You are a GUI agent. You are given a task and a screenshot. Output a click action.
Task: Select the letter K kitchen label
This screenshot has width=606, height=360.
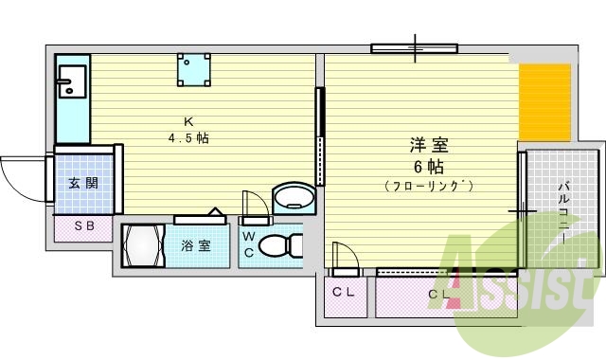tap(188, 121)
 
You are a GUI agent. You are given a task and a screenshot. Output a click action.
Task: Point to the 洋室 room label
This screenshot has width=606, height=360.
tap(429, 146)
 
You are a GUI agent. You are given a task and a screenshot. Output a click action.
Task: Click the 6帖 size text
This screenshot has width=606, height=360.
tap(429, 166)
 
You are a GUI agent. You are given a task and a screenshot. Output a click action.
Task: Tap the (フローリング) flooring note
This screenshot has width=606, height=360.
tap(429, 187)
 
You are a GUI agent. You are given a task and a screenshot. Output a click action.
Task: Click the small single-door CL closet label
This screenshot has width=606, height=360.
tap(343, 292)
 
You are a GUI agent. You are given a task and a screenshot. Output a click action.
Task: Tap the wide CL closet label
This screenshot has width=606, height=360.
tap(438, 294)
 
